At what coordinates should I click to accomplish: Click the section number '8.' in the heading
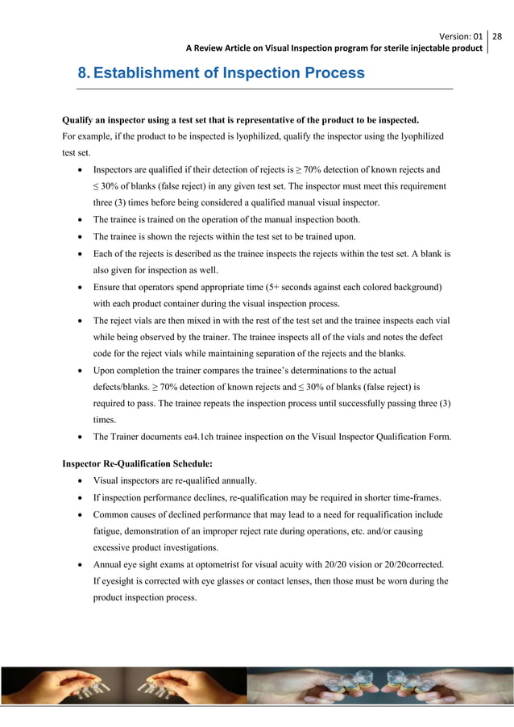84,73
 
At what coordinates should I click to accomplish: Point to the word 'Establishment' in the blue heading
148,73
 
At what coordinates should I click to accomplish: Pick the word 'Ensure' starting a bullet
108,287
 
